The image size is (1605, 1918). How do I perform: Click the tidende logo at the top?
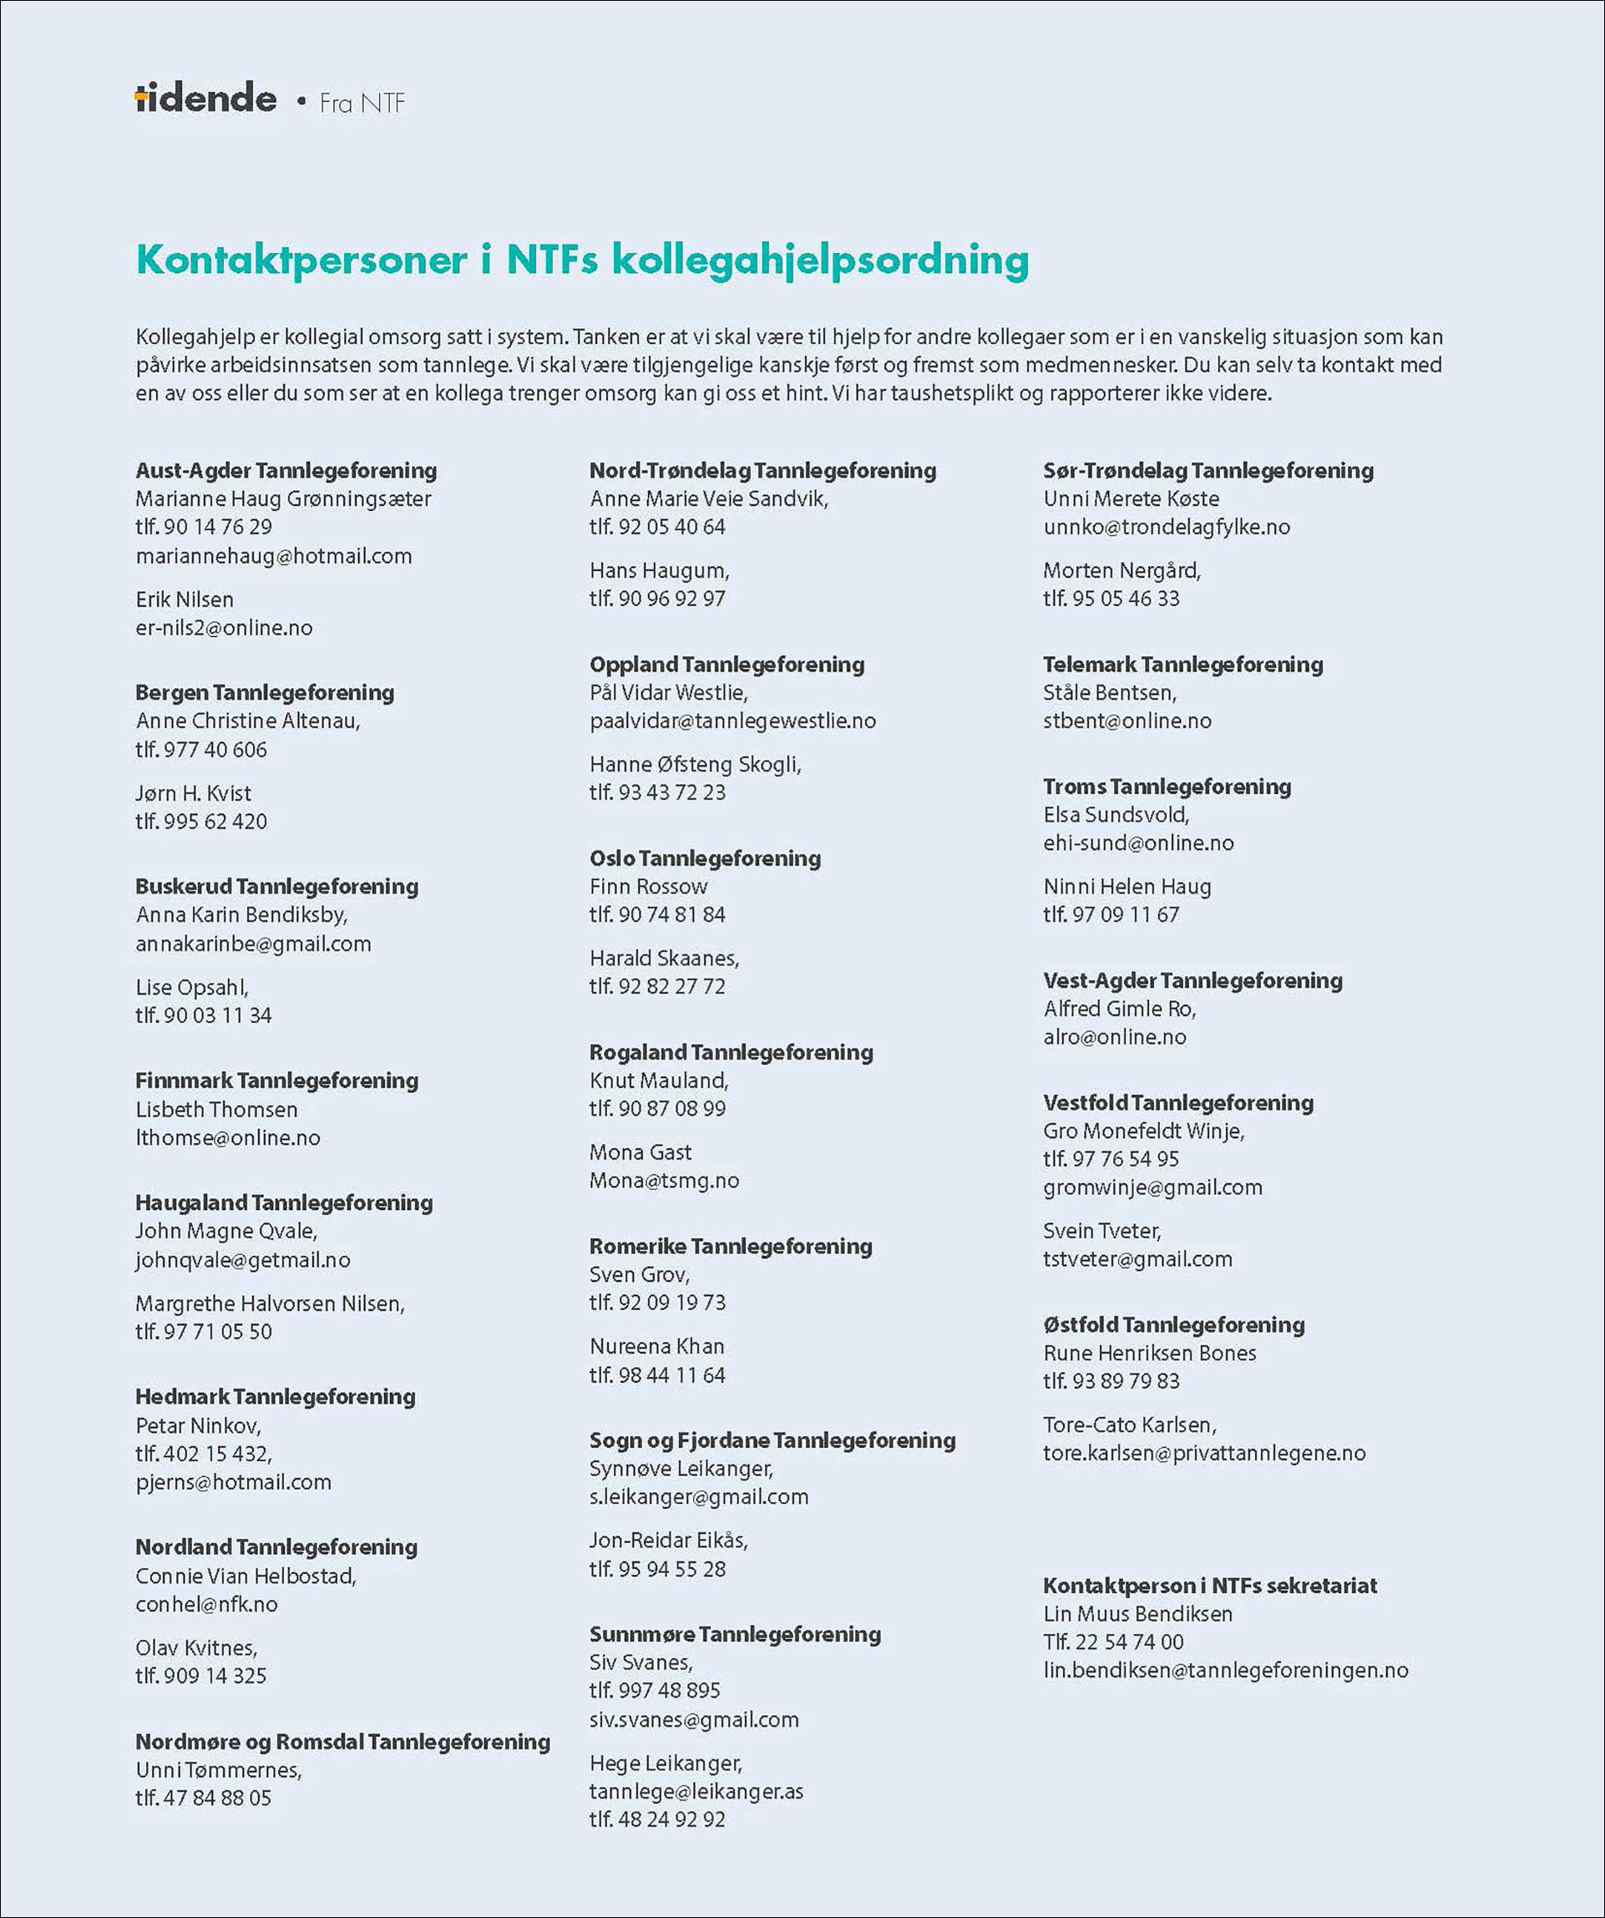[x=205, y=99]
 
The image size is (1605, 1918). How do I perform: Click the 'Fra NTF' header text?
[x=362, y=104]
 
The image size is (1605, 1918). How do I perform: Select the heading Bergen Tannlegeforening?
[x=265, y=692]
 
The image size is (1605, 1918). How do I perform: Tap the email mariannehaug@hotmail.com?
[x=274, y=556]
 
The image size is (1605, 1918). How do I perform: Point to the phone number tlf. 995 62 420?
[x=201, y=821]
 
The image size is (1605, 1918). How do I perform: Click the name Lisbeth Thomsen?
[x=216, y=1109]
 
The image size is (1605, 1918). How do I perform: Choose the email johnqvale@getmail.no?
[x=243, y=1259]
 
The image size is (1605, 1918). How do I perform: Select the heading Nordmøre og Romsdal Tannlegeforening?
[x=342, y=1742]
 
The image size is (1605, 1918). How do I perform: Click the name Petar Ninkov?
[x=198, y=1425]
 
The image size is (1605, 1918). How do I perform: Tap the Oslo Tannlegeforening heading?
[x=705, y=858]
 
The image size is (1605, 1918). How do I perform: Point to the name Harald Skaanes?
[x=664, y=958]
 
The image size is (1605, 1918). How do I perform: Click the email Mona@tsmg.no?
[x=664, y=1180]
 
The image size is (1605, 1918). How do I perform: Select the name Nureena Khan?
[x=657, y=1346]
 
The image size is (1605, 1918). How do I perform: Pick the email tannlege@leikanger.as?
[x=696, y=1791]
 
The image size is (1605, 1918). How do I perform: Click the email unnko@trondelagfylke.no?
[x=1167, y=527]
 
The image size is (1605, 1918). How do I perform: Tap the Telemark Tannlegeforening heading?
[x=1183, y=664]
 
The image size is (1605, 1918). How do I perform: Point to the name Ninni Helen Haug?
[x=1127, y=886]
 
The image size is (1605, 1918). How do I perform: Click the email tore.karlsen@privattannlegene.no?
[x=1204, y=1453]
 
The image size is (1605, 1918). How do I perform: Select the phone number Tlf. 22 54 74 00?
[x=1113, y=1642]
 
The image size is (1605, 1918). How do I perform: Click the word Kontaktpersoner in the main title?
[x=302, y=260]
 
